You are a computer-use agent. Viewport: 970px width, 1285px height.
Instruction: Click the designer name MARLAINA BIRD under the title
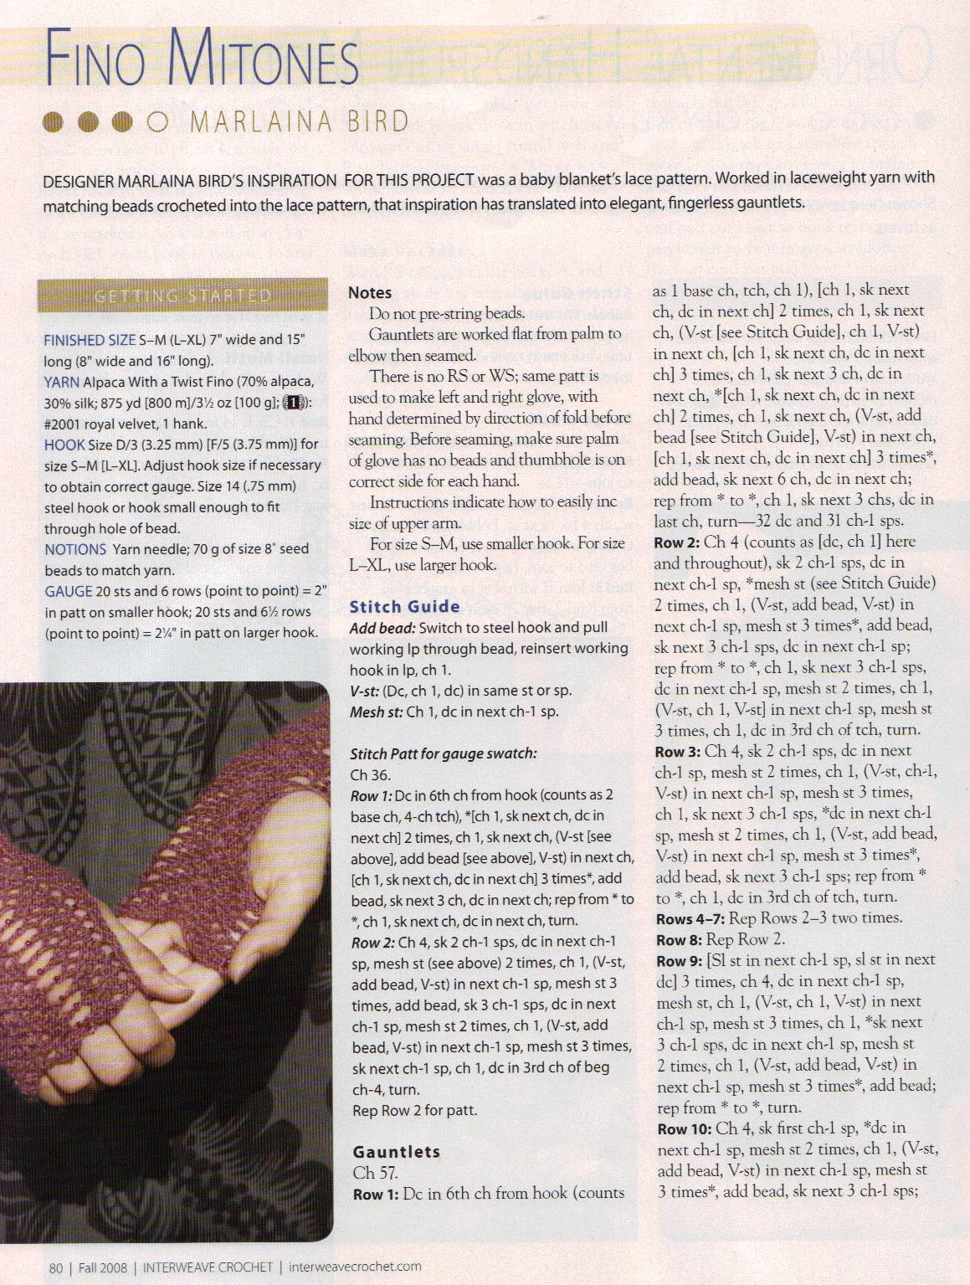pos(300,122)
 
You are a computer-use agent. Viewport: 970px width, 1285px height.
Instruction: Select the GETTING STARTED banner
pos(182,296)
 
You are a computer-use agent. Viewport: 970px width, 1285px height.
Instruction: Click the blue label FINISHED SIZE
pos(90,340)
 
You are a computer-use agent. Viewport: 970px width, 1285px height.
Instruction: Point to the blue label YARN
pos(62,382)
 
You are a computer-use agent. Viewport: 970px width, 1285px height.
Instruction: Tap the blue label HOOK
pos(64,445)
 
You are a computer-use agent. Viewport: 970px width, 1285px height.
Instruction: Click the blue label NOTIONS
pos(75,549)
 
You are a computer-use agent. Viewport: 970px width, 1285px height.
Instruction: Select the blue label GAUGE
pos(68,591)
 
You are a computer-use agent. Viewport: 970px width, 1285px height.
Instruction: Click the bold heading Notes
pos(370,292)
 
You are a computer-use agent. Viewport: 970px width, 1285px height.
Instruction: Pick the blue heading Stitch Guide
pos(404,607)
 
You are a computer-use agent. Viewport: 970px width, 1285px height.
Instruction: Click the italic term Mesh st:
pos(377,712)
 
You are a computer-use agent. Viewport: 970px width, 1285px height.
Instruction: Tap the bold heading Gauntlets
pos(396,1152)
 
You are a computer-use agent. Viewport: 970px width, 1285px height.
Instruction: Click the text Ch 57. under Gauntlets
pos(375,1173)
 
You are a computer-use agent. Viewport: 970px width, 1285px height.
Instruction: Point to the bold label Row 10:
pos(683,1128)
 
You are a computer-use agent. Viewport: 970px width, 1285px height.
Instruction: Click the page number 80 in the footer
pos(56,1267)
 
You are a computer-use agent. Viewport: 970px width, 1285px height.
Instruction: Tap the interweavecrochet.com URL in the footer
pos(355,1267)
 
